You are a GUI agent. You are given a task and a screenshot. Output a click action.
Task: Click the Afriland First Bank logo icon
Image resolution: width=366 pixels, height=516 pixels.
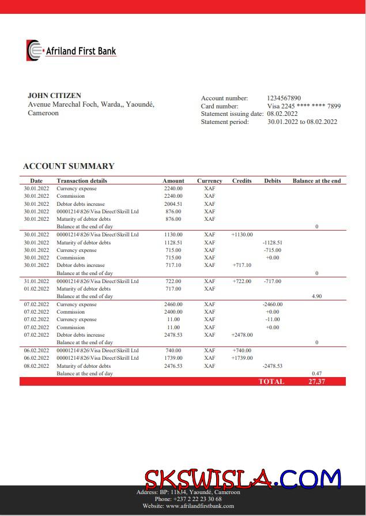click(34, 51)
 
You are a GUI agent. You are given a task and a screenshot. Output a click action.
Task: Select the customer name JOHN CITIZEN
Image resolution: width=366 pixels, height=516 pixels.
click(54, 96)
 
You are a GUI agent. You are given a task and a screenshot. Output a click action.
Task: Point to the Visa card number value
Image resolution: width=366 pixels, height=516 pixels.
click(304, 106)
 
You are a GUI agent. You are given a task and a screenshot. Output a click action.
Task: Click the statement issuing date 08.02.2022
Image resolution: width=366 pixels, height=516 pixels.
click(282, 114)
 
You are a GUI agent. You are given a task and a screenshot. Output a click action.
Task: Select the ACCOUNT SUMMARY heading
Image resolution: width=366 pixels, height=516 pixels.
click(69, 166)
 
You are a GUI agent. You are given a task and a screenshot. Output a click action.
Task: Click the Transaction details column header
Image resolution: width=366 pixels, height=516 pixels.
click(82, 180)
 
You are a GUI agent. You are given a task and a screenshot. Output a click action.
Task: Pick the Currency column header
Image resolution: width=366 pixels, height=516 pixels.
click(209, 180)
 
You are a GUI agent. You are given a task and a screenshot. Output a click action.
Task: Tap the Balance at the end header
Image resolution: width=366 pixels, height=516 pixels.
click(316, 180)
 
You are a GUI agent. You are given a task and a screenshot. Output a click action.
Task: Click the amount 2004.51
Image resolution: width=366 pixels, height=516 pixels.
click(173, 204)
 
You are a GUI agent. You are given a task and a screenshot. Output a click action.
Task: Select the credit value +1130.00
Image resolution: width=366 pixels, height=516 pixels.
click(242, 235)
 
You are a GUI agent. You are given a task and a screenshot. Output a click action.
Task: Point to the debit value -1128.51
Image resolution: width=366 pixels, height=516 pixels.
click(272, 243)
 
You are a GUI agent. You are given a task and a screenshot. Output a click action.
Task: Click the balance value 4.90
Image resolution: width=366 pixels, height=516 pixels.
click(316, 296)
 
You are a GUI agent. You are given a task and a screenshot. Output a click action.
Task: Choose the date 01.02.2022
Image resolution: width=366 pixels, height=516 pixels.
click(36, 289)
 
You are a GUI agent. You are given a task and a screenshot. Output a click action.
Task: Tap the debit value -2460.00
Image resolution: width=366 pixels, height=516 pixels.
click(272, 304)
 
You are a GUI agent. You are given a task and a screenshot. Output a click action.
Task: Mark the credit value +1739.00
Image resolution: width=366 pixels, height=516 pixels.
click(242, 358)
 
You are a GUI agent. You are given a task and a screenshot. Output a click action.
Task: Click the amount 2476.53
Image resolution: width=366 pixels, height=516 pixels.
click(173, 366)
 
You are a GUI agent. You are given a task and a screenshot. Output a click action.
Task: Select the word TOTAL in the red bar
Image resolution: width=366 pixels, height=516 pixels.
click(271, 382)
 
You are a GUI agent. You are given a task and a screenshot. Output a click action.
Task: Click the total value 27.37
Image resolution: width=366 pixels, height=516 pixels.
click(316, 382)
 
